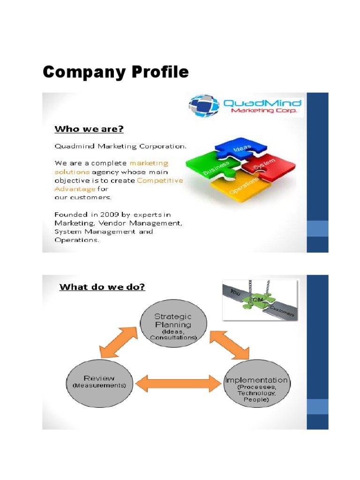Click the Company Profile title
pos(115,72)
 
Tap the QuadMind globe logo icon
pos(204,106)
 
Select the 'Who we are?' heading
pos(89,128)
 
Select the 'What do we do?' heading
pos(102,286)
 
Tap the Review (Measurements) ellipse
pos(99,381)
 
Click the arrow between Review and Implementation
pos(178,383)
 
